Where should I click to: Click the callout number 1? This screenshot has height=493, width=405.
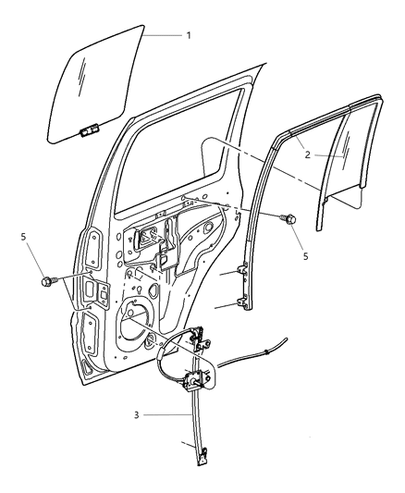188,35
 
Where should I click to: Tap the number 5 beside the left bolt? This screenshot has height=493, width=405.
23,239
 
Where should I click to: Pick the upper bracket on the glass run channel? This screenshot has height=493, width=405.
244,270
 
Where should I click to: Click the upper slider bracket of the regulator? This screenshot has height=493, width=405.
198,339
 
